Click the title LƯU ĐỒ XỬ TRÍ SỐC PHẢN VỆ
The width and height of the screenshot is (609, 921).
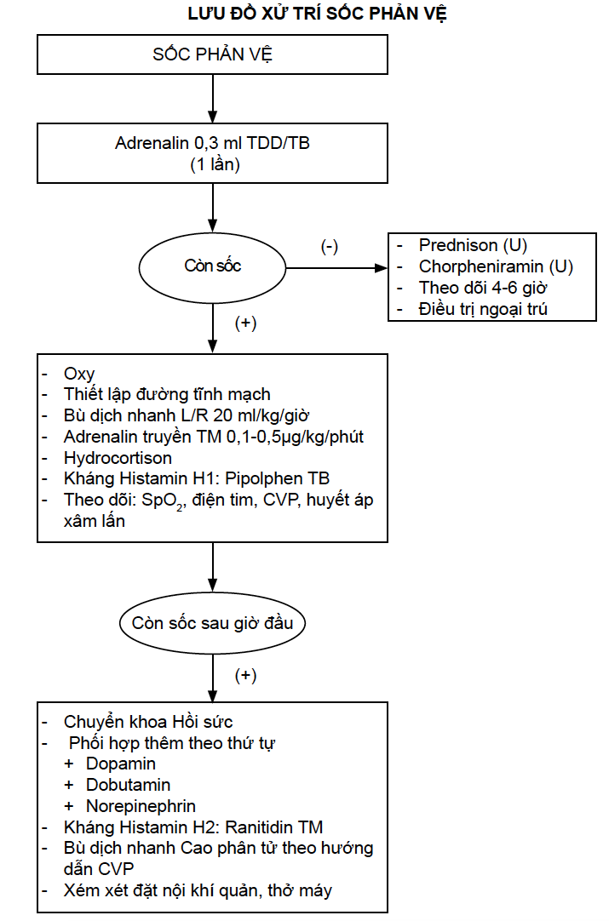point(318,14)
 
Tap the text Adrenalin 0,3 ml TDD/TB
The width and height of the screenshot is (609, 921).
point(212,143)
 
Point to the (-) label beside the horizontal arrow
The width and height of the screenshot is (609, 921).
point(329,246)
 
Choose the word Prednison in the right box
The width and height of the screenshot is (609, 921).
point(458,245)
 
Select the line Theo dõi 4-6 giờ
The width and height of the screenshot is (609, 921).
point(483,288)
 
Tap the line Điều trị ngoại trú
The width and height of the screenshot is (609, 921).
point(483,309)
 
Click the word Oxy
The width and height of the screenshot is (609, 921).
point(79,375)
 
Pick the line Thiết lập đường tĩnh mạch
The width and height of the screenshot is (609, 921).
point(167,394)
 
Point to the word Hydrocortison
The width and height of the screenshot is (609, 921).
point(118,458)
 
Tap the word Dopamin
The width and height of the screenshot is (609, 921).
point(120,764)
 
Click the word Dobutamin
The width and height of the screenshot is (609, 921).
point(128,785)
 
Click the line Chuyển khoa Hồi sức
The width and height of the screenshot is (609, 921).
point(148,722)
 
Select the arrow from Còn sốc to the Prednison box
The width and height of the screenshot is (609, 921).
point(336,268)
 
